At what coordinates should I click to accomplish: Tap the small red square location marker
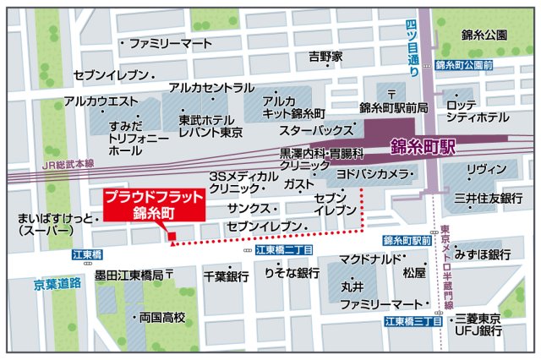(171, 236)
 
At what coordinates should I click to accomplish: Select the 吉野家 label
(325, 57)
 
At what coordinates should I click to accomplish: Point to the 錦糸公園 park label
(484, 35)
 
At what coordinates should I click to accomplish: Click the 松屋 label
(414, 273)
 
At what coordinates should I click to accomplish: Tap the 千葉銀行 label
(225, 276)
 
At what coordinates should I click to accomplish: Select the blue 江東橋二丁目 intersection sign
(285, 250)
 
